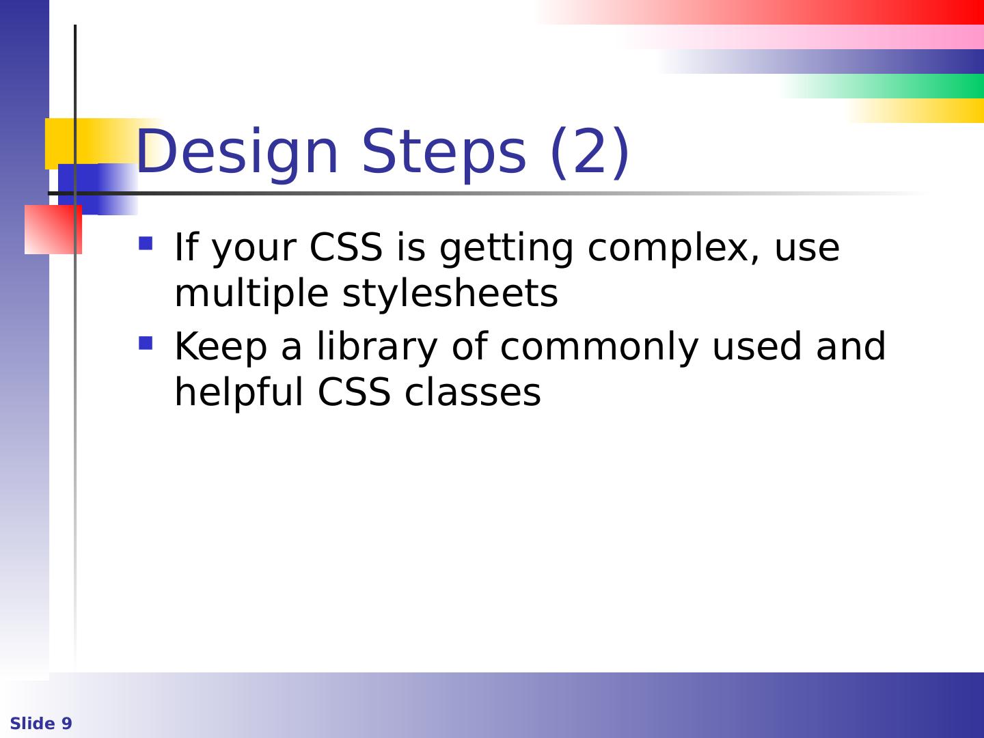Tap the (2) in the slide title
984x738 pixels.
point(590,152)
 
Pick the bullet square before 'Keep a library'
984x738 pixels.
point(146,343)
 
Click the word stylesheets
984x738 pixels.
point(450,294)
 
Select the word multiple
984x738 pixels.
point(252,294)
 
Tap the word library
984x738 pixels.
point(377,347)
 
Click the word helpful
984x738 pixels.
point(239,392)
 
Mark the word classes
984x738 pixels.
point(473,392)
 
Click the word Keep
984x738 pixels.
point(221,347)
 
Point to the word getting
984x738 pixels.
point(506,248)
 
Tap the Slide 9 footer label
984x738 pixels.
point(41,723)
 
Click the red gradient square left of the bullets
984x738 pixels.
point(53,230)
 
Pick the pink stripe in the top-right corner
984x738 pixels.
point(805,37)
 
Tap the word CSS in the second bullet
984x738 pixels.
point(354,392)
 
